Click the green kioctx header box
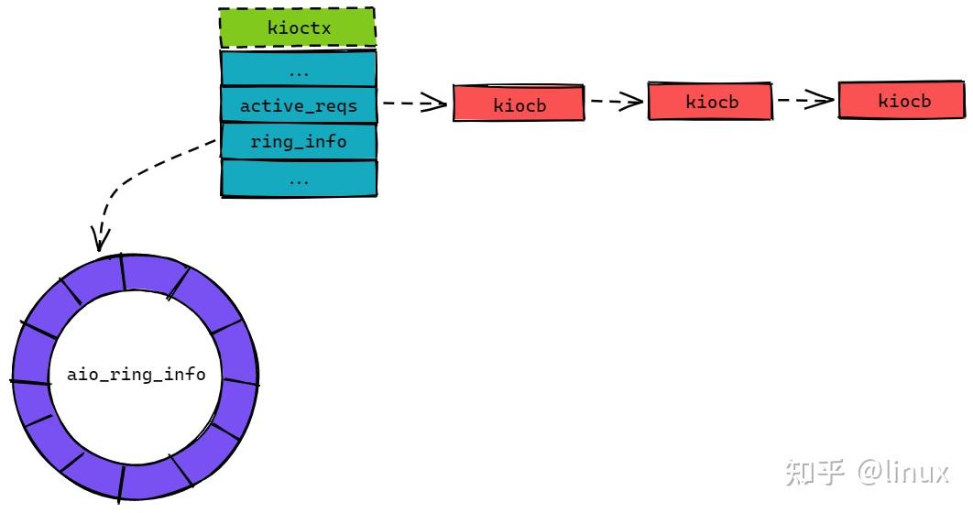298,27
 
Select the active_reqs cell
298,105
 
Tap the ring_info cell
298,142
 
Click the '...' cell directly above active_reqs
298,69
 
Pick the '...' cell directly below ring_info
298,180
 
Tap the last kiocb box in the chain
903,101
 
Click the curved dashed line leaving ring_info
147,174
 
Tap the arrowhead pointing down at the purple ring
98,239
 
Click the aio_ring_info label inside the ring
136,376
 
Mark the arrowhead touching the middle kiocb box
632,102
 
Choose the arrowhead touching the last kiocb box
823,101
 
